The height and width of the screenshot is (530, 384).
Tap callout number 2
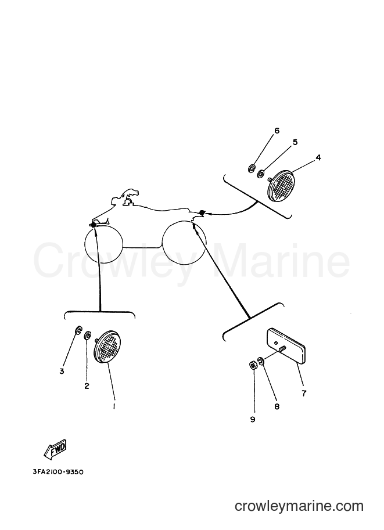coord(87,386)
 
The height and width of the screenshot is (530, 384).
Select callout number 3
coord(62,372)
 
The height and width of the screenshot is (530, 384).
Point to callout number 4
coord(318,157)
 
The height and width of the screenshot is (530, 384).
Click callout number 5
coord(295,142)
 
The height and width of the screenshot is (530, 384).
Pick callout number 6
coord(277,131)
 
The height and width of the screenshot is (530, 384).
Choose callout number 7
coord(304,393)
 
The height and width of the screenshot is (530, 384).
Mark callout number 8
coord(277,406)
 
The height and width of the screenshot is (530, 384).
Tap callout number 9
coord(252,420)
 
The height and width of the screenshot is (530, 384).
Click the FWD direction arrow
coord(56,449)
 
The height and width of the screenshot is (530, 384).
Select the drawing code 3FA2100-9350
coord(58,472)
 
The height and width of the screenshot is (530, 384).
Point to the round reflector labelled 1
coord(107,347)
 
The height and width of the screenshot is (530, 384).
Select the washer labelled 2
coord(87,334)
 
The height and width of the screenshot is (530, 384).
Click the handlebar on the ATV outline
coord(130,194)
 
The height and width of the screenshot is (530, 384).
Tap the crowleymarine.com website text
coord(299,506)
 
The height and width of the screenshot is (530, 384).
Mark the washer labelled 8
coord(261,360)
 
